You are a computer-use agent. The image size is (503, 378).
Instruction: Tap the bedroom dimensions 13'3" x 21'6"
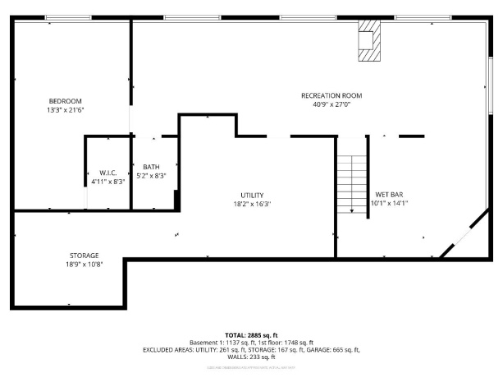tap(66, 109)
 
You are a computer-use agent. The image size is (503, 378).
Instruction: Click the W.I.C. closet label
tap(107, 173)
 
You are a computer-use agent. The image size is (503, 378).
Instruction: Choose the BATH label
tap(151, 167)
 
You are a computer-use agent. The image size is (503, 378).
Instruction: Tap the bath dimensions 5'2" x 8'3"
tap(151, 176)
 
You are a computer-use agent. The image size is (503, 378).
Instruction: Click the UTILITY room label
tap(252, 195)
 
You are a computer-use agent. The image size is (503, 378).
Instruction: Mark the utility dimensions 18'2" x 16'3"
tap(252, 204)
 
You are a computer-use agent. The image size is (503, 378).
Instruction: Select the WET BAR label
tap(389, 195)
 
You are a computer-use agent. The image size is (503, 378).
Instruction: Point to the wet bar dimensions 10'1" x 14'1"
tap(389, 204)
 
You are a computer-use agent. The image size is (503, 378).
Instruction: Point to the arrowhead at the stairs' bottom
tap(351, 211)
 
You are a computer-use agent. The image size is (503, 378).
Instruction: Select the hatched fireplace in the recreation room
tap(368, 41)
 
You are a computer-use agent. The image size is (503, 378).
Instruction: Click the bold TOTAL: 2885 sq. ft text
tap(251, 335)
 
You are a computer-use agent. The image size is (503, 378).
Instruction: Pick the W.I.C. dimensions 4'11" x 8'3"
tap(107, 182)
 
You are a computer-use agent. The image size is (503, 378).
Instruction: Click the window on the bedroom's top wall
tap(68, 17)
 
